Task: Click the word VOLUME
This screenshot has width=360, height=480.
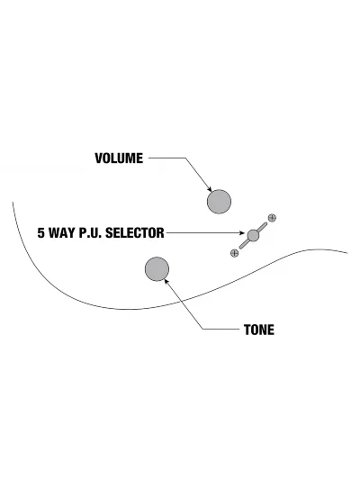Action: [x=119, y=158]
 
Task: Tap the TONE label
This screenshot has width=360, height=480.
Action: [x=259, y=330]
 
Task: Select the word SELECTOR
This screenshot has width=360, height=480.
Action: [x=135, y=233]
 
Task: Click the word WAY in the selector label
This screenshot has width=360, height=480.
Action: [x=62, y=233]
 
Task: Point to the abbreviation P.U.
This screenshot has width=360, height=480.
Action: [x=91, y=233]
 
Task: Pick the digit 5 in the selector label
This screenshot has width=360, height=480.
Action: [x=41, y=233]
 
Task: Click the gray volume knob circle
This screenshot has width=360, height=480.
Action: [x=219, y=202]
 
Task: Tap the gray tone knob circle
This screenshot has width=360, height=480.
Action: [x=157, y=268]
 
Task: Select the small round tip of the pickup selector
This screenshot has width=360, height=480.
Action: [x=253, y=235]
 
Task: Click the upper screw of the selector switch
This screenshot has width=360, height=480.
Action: [x=272, y=218]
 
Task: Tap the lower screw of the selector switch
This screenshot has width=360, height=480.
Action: [x=234, y=253]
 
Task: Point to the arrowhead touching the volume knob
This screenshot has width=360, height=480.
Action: [x=210, y=189]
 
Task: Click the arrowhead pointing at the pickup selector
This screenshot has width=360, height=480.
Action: [x=242, y=233]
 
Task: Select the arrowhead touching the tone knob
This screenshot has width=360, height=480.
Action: [x=166, y=281]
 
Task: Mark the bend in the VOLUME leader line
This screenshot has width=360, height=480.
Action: [x=185, y=158]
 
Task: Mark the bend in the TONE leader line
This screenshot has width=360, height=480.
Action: [x=203, y=330]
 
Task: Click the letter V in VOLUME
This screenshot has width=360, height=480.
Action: [x=98, y=158]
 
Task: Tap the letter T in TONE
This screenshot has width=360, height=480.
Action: [x=247, y=330]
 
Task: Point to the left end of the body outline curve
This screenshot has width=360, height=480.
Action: [x=13, y=202]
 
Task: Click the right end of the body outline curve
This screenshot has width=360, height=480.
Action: [x=347, y=253]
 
